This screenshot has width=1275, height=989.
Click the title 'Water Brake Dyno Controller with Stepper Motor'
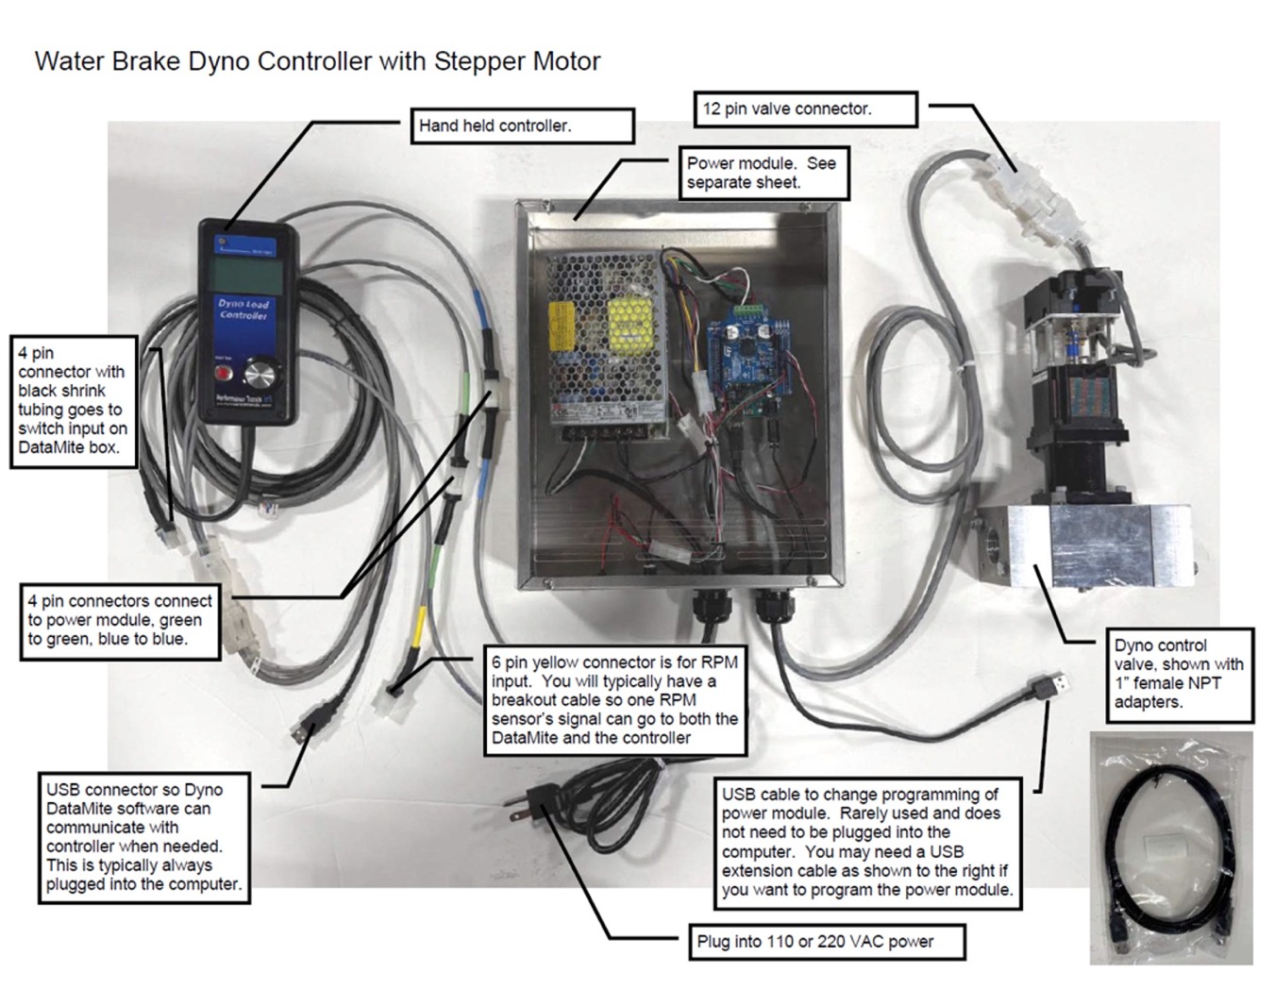[x=317, y=61]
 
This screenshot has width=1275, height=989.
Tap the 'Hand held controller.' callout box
[x=521, y=126]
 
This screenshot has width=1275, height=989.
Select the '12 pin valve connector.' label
[x=805, y=109]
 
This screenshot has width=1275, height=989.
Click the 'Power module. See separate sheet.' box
[x=763, y=173]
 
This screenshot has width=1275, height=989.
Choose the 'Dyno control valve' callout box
[x=1178, y=674]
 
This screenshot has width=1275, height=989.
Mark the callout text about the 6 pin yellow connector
[x=613, y=699]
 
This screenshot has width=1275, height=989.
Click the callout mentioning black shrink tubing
[x=73, y=400]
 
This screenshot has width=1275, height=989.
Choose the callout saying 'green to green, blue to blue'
[x=120, y=620]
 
